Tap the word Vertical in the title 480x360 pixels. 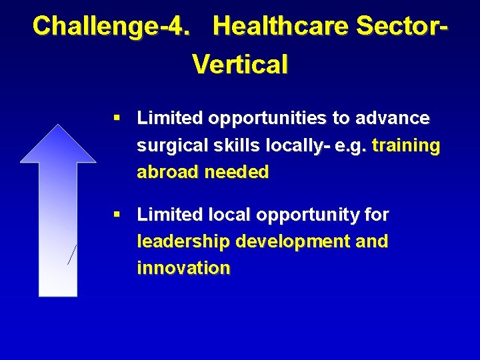click(x=240, y=65)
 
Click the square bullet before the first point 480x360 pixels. click(x=117, y=118)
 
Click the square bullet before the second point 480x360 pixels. click(x=117, y=215)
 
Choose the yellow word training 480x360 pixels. click(x=406, y=146)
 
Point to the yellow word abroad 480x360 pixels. click(x=168, y=173)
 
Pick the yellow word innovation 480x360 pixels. click(x=183, y=269)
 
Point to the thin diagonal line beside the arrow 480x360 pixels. click(x=73, y=254)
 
